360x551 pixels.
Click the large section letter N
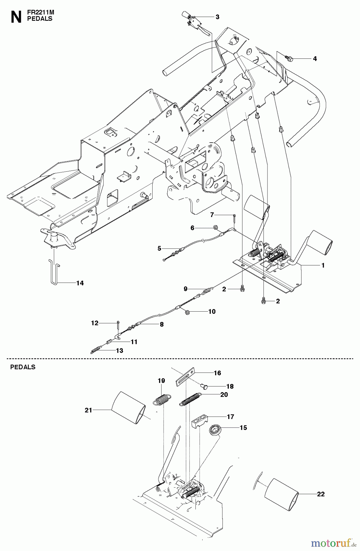pos(16,17)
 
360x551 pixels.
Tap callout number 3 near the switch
pos(217,17)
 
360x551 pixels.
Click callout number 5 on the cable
pos(159,249)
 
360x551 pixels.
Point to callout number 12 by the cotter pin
pos(95,323)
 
